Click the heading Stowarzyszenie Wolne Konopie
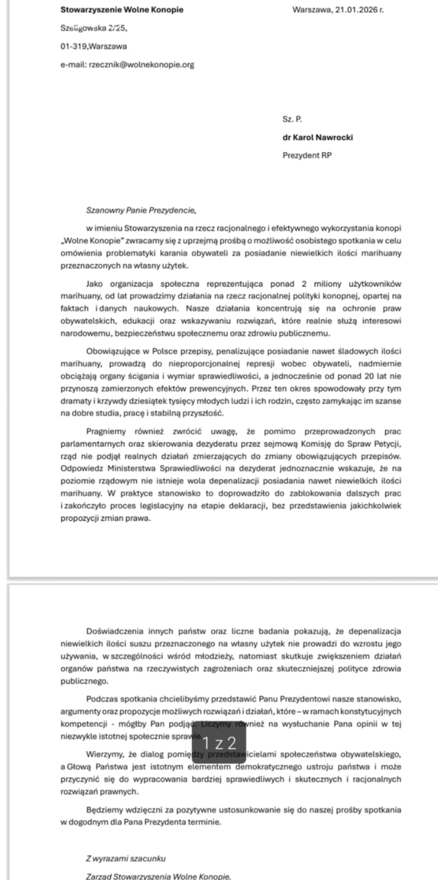[x=122, y=10]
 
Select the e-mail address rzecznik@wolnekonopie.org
[x=141, y=64]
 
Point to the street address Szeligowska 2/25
[x=94, y=28]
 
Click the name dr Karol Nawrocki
[x=317, y=137]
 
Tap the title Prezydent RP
[x=307, y=155]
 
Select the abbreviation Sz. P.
[x=292, y=119]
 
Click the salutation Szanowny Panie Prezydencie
[x=141, y=210]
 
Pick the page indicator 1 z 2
[x=219, y=743]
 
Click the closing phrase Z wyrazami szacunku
[x=126, y=859]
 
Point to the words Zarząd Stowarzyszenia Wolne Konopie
[x=158, y=876]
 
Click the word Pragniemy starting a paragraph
[x=106, y=431]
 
